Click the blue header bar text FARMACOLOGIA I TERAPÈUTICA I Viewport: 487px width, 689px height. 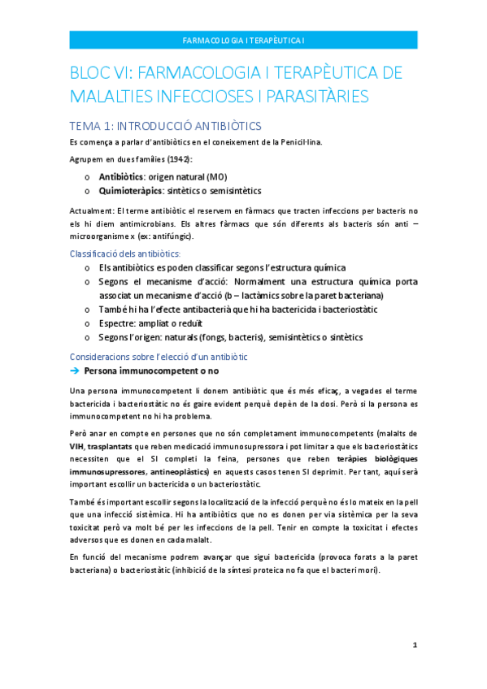[x=243, y=40]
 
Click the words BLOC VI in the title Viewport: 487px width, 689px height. [x=102, y=73]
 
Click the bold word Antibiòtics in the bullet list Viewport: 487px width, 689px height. [x=122, y=176]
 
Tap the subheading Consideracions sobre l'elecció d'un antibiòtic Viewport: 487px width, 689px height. [x=159, y=357]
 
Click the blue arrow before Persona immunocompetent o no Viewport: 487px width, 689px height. [x=74, y=370]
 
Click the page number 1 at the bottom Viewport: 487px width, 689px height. [x=415, y=644]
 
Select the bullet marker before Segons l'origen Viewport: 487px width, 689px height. [x=88, y=337]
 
